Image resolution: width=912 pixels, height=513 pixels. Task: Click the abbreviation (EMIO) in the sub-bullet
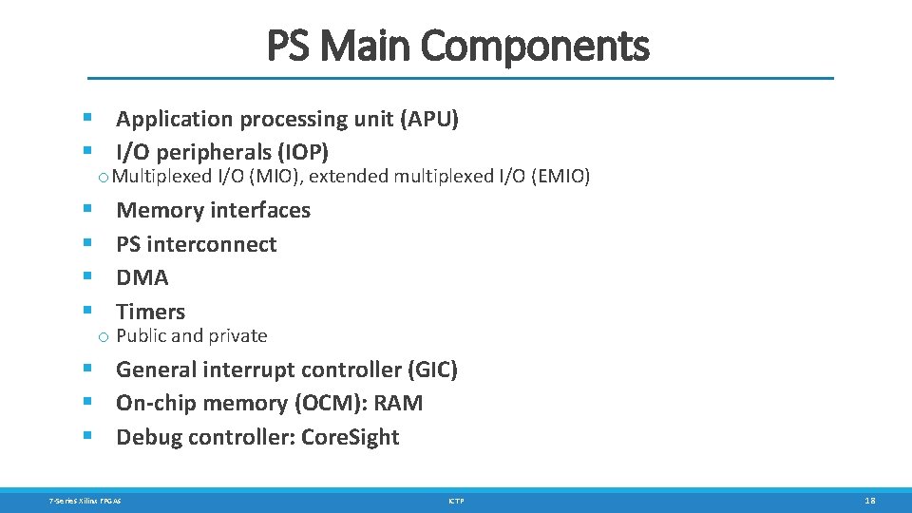tap(561, 176)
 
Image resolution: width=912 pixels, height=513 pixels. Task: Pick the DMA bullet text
tap(142, 277)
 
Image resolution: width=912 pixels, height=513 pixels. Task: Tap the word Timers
tap(150, 312)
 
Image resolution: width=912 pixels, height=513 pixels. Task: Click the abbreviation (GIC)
tap(432, 370)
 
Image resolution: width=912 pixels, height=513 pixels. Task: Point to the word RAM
tap(398, 403)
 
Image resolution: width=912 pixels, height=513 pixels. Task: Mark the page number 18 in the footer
tap(870, 500)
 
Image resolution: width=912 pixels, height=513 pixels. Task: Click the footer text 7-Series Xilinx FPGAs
tap(85, 500)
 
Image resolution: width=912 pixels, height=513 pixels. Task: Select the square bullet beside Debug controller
tap(86, 436)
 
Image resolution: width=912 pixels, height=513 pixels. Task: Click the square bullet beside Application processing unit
tap(86, 119)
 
